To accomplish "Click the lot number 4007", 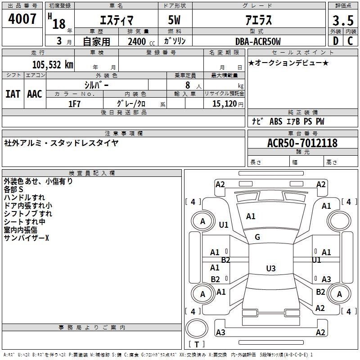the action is pyautogui.click(x=22, y=19).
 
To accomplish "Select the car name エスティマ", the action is pyautogui.click(x=116, y=21).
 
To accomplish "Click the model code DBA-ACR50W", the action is pyautogui.click(x=258, y=41).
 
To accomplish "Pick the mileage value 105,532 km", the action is pyautogui.click(x=52, y=65).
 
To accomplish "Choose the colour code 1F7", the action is pyautogui.click(x=74, y=104).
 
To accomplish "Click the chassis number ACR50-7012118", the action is pyautogui.click(x=302, y=143).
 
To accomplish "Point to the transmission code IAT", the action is pyautogui.click(x=13, y=94).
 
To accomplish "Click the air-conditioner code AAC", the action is pyautogui.click(x=35, y=94).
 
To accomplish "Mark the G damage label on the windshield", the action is pyautogui.click(x=257, y=237).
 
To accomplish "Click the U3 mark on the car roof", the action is pyautogui.click(x=270, y=269).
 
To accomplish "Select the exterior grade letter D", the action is pyautogui.click(x=335, y=41).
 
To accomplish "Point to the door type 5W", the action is pyautogui.click(x=175, y=21).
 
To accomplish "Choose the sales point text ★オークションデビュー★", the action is pyautogui.click(x=288, y=63).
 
